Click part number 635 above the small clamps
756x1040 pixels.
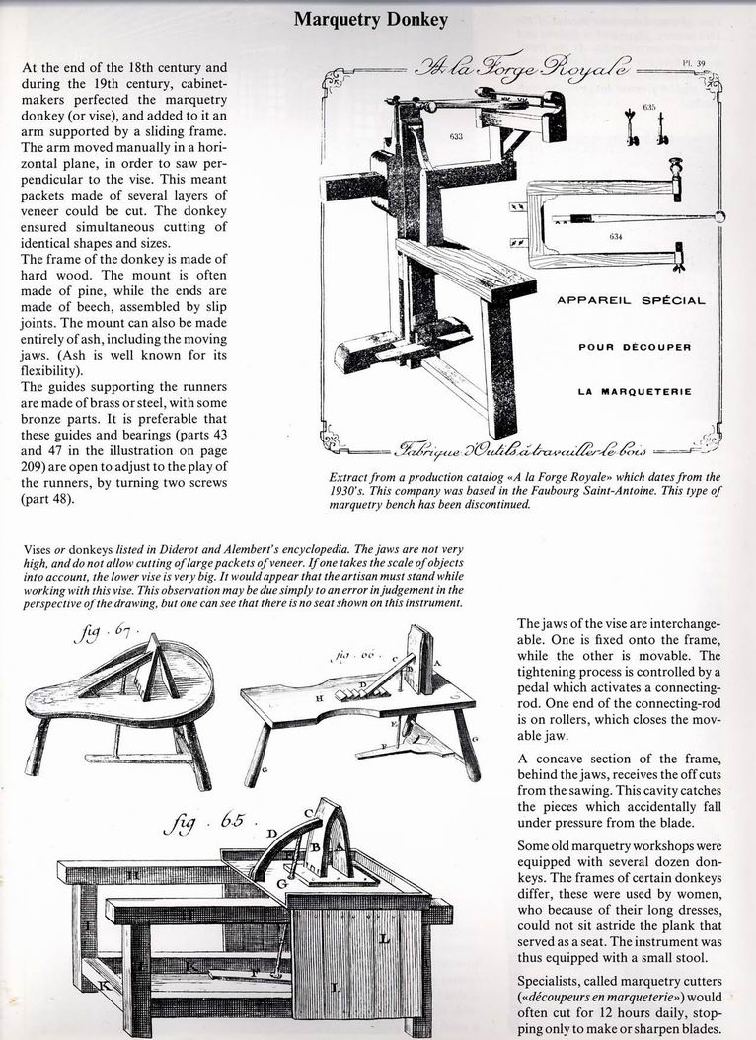pos(649,106)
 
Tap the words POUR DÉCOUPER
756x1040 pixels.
pos(635,346)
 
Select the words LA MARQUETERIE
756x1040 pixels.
pos(634,391)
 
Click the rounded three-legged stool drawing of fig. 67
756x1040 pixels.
pos(118,691)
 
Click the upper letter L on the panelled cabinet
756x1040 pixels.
pos(385,939)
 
